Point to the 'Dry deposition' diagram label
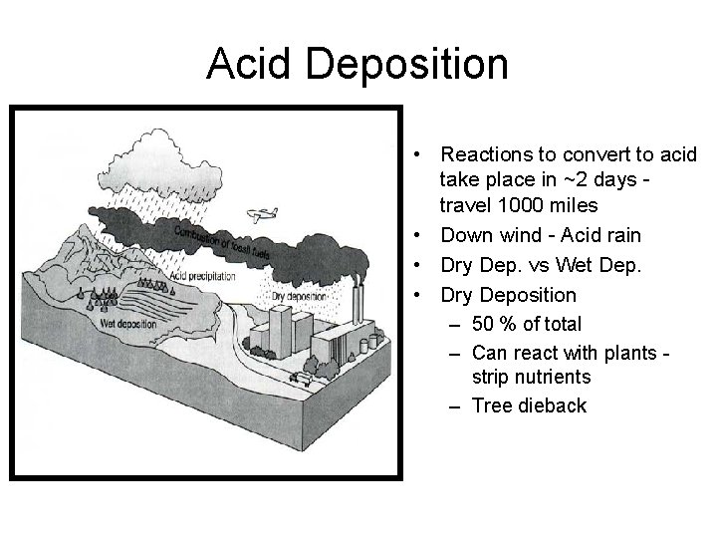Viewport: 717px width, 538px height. pos(299,296)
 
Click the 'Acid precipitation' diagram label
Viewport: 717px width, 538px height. pos(203,276)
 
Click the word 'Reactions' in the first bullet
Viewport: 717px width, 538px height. pos(485,154)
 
